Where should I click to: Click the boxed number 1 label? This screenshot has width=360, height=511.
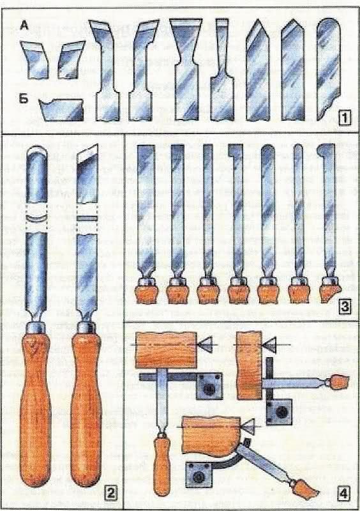point(345,118)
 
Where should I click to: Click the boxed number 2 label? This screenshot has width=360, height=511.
point(111,494)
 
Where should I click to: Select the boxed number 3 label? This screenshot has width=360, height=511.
point(345,307)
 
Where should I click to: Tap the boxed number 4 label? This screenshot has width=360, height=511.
point(343,494)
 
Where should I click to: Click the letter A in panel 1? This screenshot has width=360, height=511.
point(24,26)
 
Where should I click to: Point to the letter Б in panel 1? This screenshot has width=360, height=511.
point(24,99)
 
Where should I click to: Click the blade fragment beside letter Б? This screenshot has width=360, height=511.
point(61,109)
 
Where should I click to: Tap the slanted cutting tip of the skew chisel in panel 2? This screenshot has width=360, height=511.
point(87,154)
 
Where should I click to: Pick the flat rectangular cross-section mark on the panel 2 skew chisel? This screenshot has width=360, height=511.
point(87,218)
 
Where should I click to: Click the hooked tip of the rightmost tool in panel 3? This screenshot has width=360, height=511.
point(325,151)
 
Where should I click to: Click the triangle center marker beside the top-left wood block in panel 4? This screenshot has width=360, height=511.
point(206,344)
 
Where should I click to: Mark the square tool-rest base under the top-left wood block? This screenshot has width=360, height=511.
point(209,386)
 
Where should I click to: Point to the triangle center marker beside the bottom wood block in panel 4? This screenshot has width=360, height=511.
point(248,425)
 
